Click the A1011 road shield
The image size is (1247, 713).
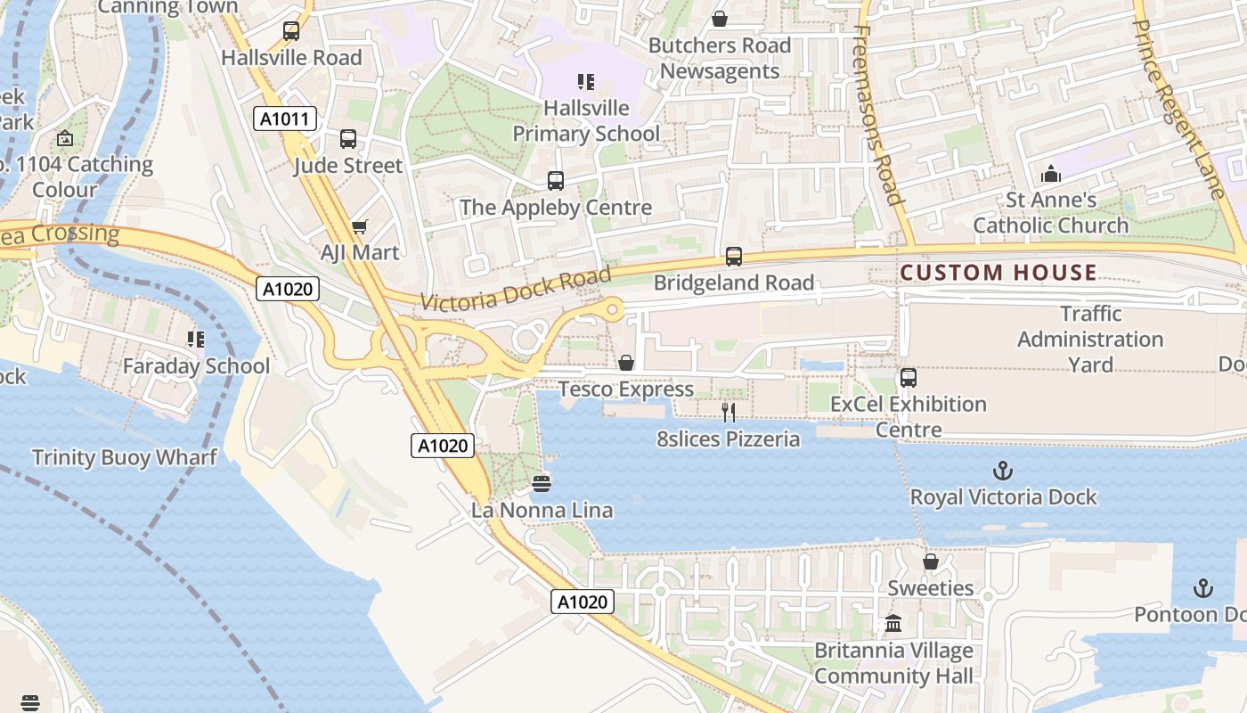(285, 119)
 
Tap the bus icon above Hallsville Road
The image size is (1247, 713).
(291, 31)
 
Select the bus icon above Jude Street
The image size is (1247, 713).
(348, 139)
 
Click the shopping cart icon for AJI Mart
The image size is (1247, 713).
(359, 227)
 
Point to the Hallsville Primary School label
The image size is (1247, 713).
(586, 121)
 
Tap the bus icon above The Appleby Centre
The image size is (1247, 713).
(556, 181)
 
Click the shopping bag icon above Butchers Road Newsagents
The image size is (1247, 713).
(720, 19)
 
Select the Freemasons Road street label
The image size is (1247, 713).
(878, 116)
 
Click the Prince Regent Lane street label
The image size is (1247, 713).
(1178, 98)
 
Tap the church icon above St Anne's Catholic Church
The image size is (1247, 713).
(1051, 173)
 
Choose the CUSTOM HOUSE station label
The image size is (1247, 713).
(998, 273)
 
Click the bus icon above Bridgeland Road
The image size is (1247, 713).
(734, 257)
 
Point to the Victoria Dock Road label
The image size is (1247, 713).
(516, 289)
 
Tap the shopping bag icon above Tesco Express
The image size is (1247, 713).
(626, 363)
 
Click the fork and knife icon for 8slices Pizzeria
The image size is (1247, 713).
(729, 412)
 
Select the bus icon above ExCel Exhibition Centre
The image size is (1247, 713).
(908, 377)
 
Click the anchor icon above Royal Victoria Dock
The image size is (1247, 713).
(1003, 470)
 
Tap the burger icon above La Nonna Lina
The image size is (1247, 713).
(542, 483)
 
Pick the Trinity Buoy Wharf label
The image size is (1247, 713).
(125, 457)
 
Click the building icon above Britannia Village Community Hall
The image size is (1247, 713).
(893, 623)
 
